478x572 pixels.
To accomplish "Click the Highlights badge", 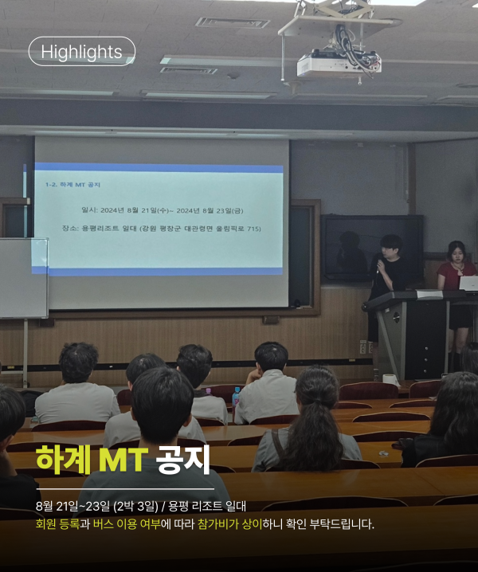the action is pyautogui.click(x=82, y=52).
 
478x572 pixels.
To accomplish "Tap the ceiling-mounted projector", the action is pyautogui.click(x=339, y=65).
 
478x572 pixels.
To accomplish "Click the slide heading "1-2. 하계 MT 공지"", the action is pyautogui.click(x=72, y=185).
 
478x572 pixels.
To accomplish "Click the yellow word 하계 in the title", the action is pyautogui.click(x=63, y=460).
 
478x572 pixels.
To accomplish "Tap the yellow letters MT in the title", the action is pyautogui.click(x=123, y=460).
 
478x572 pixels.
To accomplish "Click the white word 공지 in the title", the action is pyautogui.click(x=182, y=460).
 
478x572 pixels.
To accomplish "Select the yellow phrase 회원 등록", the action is pyautogui.click(x=57, y=524).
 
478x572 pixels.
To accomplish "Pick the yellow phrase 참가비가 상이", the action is pyautogui.click(x=230, y=524).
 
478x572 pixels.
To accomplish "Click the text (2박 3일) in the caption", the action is pyautogui.click(x=135, y=507).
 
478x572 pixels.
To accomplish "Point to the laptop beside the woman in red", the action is pyautogui.click(x=468, y=283).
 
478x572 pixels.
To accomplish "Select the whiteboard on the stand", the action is pyautogui.click(x=23, y=278).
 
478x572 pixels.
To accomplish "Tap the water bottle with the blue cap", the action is pyautogui.click(x=236, y=398).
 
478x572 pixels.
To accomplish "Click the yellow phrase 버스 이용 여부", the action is pyautogui.click(x=127, y=524).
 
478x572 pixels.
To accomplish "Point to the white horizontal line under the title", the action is pyautogui.click(x=125, y=489).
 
